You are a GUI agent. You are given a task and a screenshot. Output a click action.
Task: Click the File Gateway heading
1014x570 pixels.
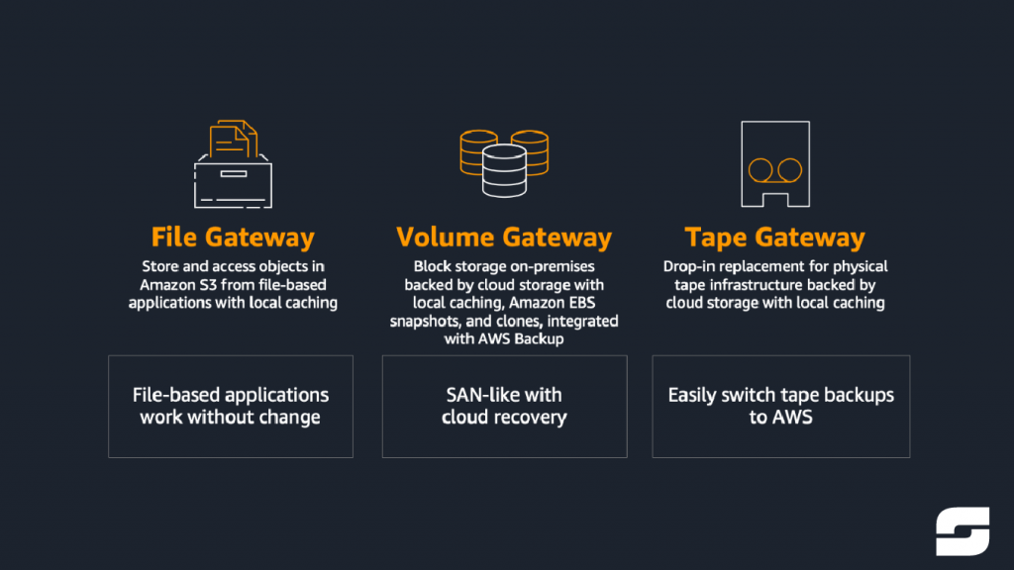[x=233, y=237]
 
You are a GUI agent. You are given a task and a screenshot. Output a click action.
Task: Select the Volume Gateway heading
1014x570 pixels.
[x=504, y=237]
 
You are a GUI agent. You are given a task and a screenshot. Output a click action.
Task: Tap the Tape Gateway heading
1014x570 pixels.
[x=774, y=237]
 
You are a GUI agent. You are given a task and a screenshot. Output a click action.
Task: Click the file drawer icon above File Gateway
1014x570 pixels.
[x=233, y=164]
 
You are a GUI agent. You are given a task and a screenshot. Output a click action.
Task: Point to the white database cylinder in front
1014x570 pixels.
[x=504, y=170]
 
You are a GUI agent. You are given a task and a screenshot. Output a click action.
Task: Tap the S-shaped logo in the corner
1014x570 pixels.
[x=963, y=531]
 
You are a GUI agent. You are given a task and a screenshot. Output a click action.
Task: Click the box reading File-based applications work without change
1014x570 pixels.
[x=231, y=407]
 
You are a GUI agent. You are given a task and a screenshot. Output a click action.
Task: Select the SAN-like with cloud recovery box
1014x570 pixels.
[x=504, y=407]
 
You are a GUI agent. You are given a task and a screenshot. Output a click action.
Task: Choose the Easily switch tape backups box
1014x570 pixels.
[x=781, y=407]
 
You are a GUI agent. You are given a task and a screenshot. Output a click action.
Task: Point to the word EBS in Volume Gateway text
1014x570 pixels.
[x=581, y=303]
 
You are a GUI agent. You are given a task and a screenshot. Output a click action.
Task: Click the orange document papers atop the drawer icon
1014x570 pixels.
[x=233, y=138]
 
